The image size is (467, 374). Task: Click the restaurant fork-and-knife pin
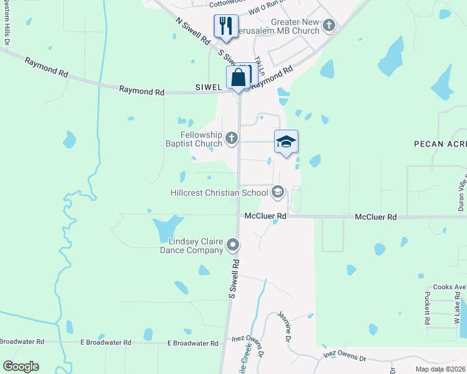pyautogui.click(x=225, y=26)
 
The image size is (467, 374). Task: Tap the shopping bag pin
pyautogui.click(x=238, y=79)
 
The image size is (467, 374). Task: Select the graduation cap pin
pyautogui.click(x=286, y=141)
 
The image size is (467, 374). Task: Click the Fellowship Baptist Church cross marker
pyautogui.click(x=232, y=138)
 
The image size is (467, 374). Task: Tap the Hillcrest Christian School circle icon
pyautogui.click(x=278, y=193)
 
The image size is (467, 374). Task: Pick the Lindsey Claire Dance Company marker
pyautogui.click(x=233, y=244)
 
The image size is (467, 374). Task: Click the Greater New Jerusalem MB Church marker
pyautogui.click(x=329, y=26)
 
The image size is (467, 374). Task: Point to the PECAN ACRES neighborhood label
pyautogui.click(x=440, y=144)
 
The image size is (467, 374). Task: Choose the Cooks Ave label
pyautogui.click(x=451, y=287)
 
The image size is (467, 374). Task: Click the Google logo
pyautogui.click(x=21, y=367)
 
